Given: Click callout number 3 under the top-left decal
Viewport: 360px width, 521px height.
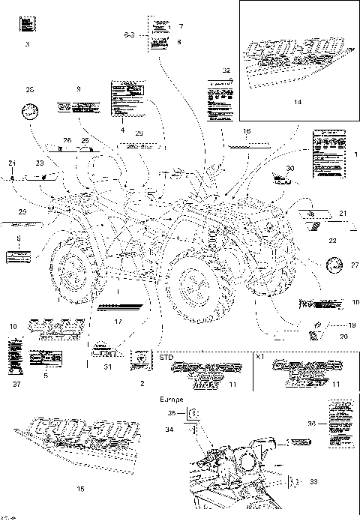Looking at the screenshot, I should point(27,46).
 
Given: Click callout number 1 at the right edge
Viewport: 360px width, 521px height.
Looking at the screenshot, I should point(355,159).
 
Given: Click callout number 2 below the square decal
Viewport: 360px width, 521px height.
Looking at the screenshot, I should point(141,383).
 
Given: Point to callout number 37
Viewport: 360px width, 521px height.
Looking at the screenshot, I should point(16,385).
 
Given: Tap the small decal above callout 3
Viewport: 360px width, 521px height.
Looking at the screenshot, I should point(27,25).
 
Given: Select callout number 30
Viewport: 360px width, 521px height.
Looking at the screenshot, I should point(291,169).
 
